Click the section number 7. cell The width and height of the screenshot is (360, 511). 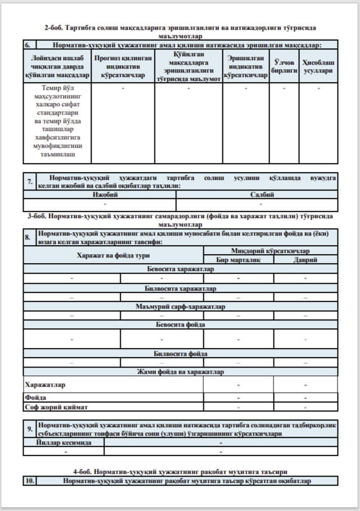[30, 182]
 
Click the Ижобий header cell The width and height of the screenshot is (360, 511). [99, 195]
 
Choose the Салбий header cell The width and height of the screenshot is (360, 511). [257, 195]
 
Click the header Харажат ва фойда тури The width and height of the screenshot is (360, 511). [113, 255]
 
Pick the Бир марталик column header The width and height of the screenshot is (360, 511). [238, 260]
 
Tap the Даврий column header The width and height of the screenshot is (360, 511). [306, 260]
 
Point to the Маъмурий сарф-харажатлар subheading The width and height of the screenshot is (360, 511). [180, 307]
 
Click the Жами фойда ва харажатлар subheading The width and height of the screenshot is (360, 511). [180, 372]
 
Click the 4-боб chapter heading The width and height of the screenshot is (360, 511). [180, 471]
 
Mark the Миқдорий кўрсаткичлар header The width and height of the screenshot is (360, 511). [271, 251]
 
